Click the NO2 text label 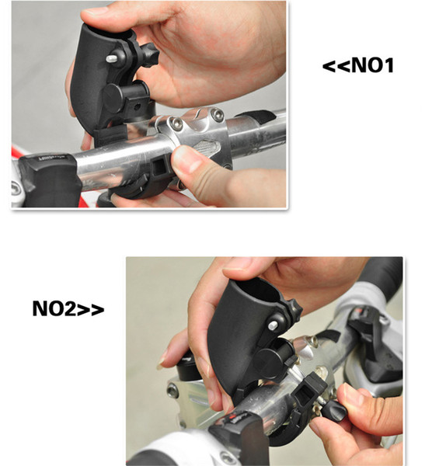click(68, 308)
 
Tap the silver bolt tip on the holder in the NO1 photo click(112, 58)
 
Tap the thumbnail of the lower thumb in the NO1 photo click(185, 159)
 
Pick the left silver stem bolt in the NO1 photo click(176, 123)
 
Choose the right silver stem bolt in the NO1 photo click(218, 114)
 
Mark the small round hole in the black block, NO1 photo click(137, 106)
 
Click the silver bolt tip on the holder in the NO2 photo click(273, 325)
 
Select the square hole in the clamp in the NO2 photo click(304, 395)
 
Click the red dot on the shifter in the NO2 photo click(231, 418)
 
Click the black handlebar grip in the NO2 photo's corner click(381, 271)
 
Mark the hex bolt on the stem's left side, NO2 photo click(172, 390)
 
